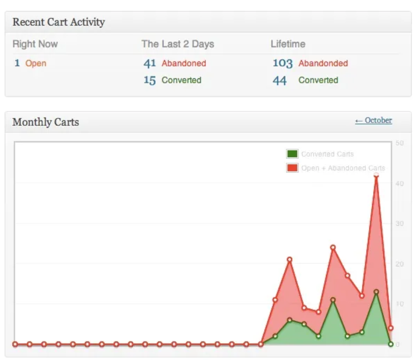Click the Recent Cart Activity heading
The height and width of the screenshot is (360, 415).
pos(59,22)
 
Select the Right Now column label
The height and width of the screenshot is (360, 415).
pos(35,44)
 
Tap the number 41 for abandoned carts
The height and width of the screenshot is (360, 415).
pos(150,63)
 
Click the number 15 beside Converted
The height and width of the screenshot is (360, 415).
pos(150,80)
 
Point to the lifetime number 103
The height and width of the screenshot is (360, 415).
pos(282,63)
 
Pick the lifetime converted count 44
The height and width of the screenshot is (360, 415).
pos(279,80)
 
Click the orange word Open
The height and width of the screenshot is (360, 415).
pos(36,63)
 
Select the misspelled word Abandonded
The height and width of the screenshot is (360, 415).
pos(323,63)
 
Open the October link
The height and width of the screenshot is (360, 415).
pos(373,120)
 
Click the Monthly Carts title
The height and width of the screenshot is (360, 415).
pos(46,122)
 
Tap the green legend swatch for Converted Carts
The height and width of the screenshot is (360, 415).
pos(292,154)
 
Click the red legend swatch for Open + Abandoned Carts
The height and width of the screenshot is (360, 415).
pos(292,168)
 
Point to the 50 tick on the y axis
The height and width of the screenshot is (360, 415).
pos(399,143)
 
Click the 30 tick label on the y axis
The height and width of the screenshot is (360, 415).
pos(399,224)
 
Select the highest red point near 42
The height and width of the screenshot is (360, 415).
pos(376,175)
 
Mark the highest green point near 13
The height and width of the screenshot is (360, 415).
pos(376,292)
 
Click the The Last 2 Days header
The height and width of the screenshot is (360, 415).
pos(178,44)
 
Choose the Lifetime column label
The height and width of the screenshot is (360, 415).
pos(288,44)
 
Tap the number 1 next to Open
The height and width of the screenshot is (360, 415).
pos(17,63)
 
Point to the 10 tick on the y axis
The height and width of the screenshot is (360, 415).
pos(399,304)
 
